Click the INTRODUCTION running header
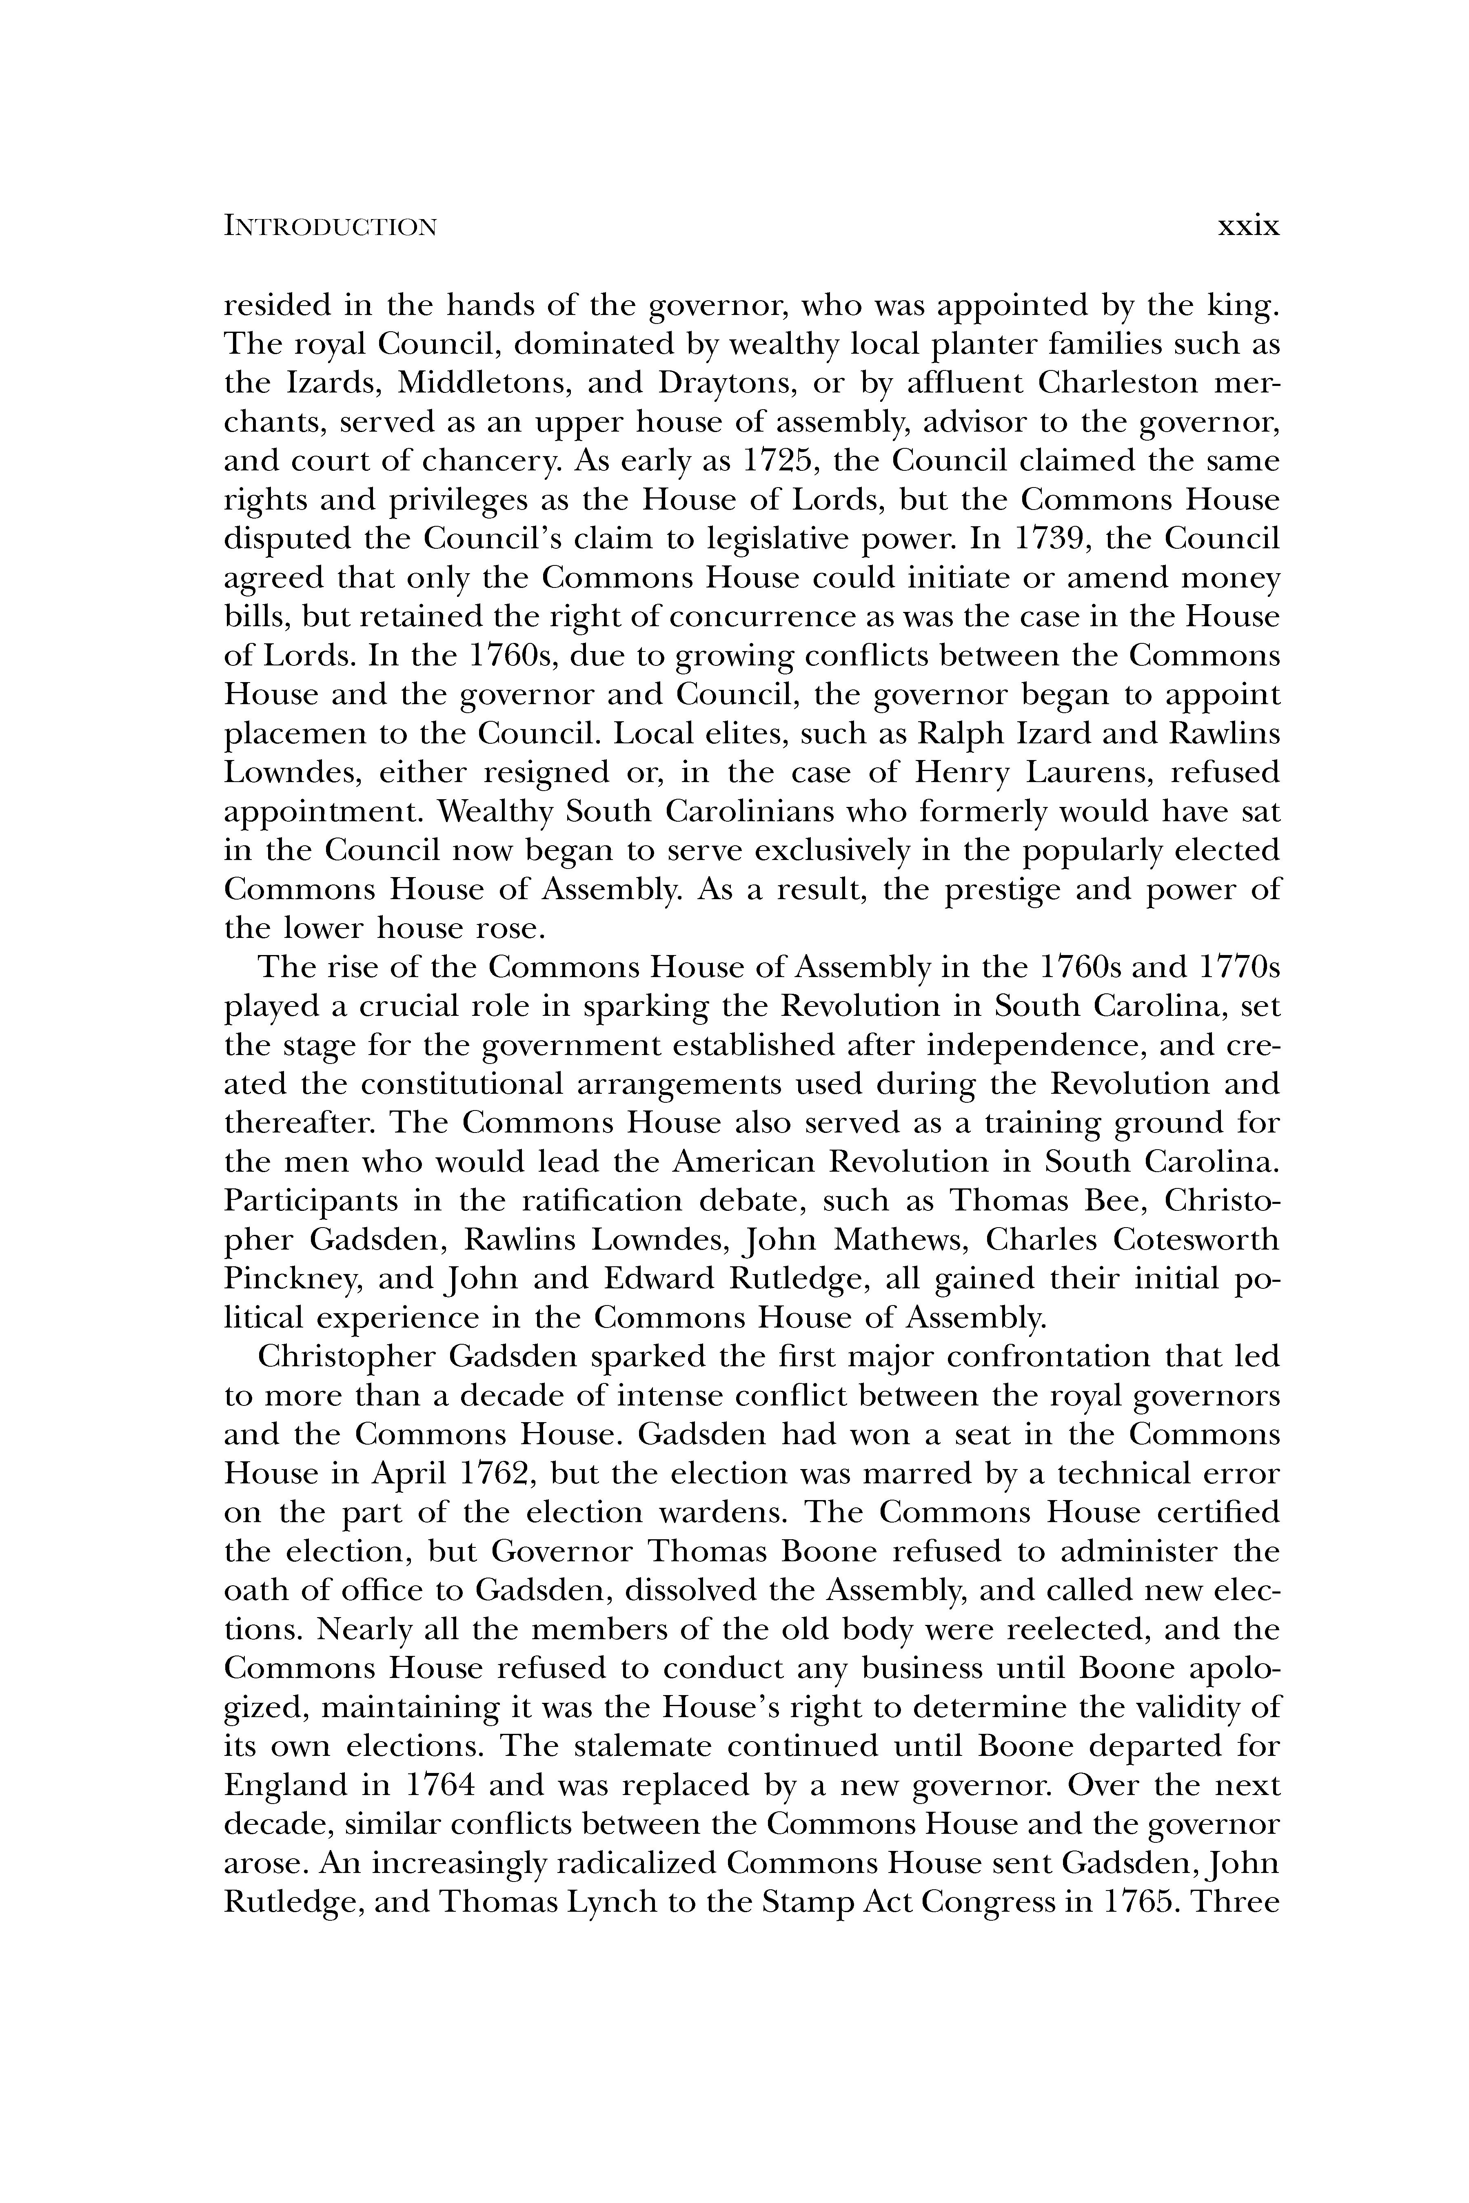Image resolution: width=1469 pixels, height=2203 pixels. tap(330, 228)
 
